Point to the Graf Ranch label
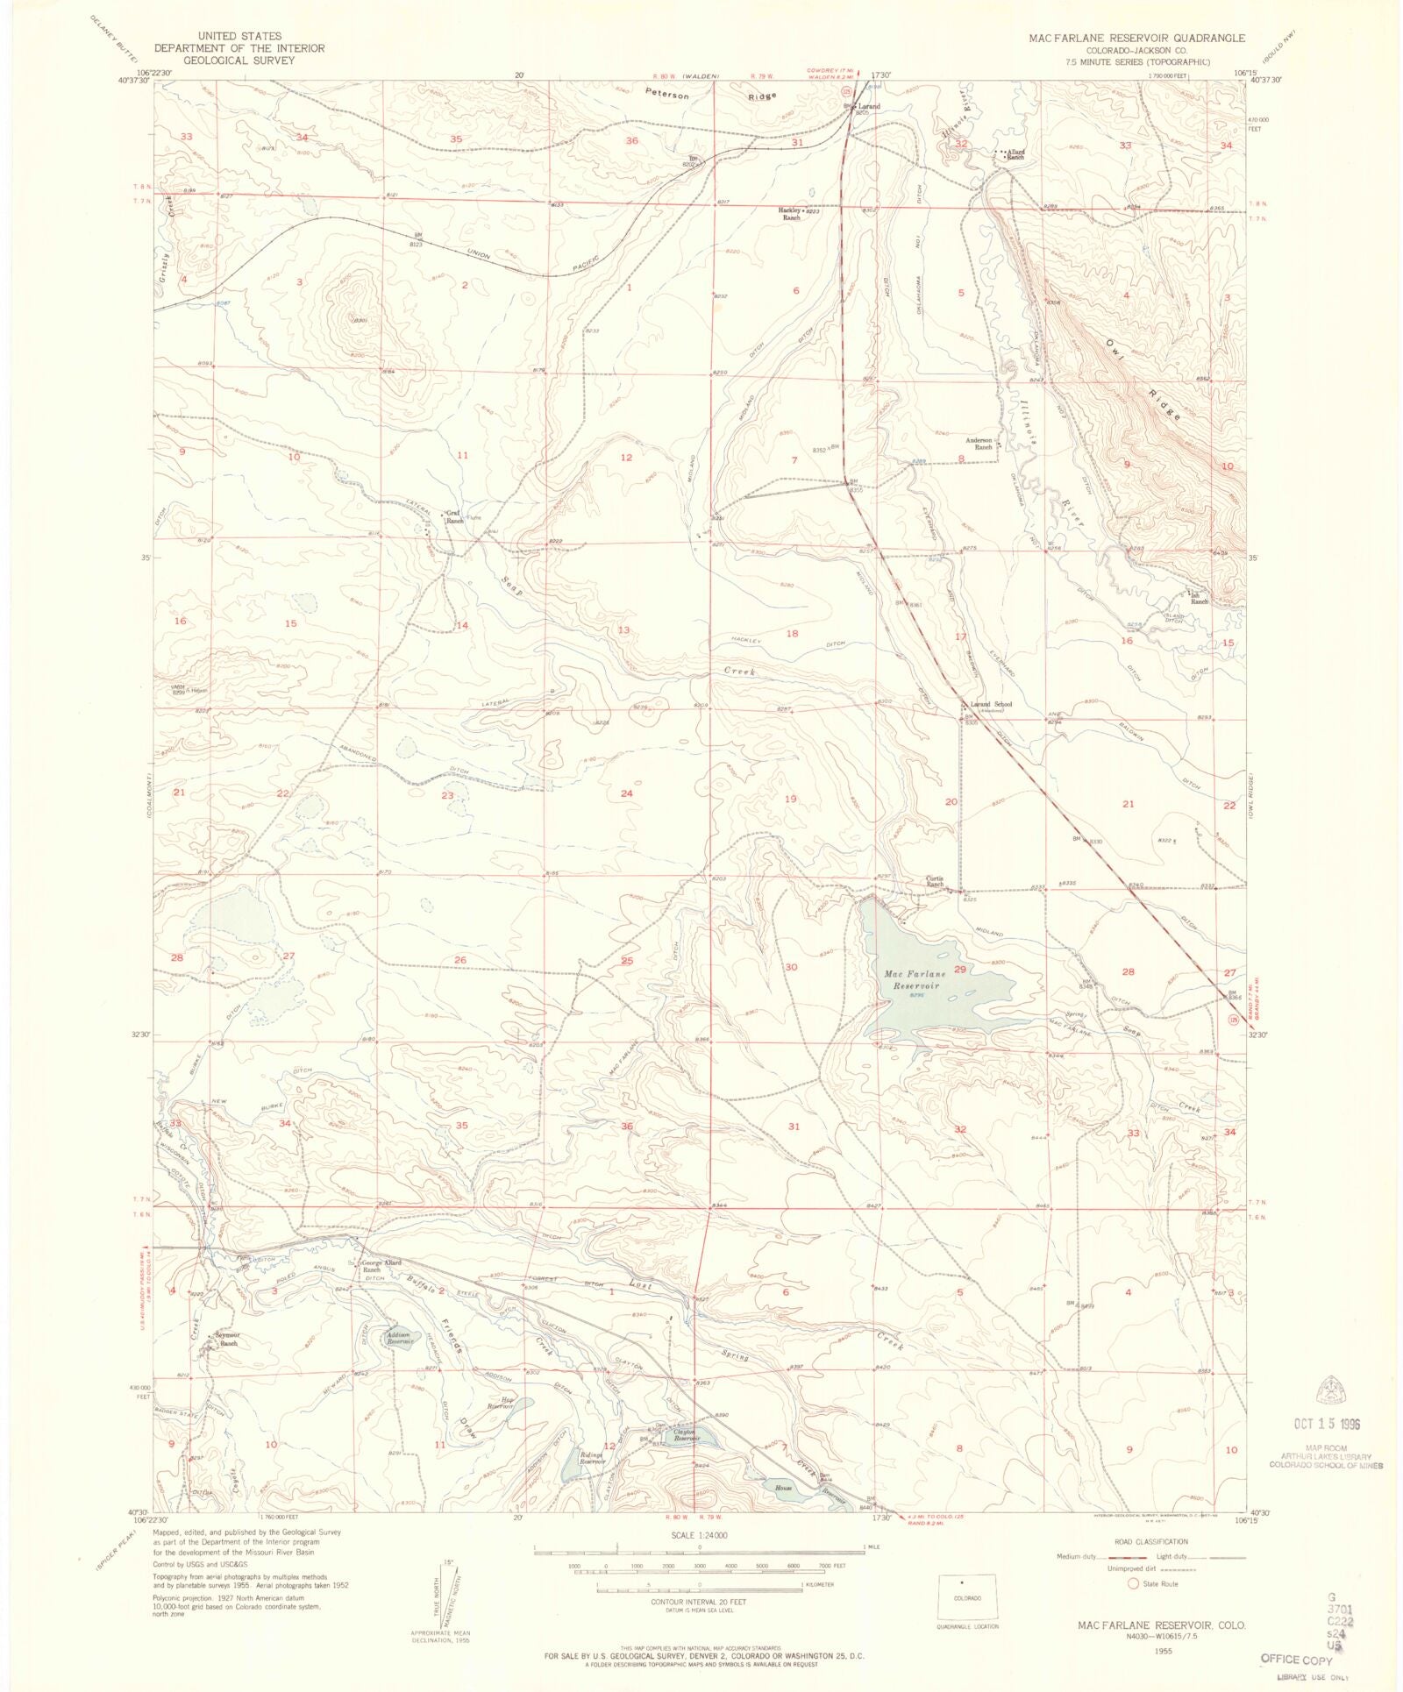click(x=454, y=516)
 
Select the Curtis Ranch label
click(x=935, y=881)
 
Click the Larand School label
click(x=990, y=704)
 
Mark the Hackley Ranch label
click(x=790, y=213)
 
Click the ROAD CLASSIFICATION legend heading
click(x=1152, y=1541)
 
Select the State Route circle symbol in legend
click(x=1133, y=1583)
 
